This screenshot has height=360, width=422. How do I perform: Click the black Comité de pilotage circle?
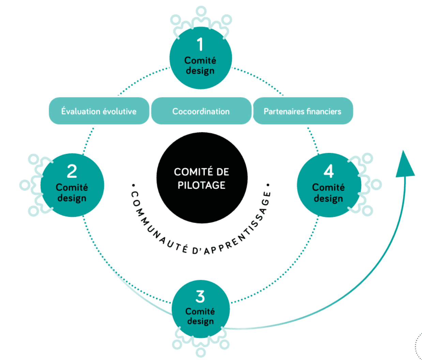coord(202,178)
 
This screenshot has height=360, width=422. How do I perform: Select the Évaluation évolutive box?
coord(99,111)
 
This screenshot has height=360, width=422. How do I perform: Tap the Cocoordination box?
coord(201,111)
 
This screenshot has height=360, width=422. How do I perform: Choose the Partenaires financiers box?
coord(303,111)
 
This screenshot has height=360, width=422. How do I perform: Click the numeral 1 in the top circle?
coord(200,44)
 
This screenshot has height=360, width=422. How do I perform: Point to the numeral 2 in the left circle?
coord(72,171)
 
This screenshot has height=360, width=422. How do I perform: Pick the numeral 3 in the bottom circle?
coord(200,297)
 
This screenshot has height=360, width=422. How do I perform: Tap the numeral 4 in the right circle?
coord(329,171)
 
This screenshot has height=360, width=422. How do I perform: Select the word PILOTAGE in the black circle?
coord(201,185)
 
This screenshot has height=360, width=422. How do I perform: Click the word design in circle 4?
coord(328,198)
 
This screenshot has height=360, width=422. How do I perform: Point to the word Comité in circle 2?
coord(72,187)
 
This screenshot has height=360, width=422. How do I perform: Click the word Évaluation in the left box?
coord(80,111)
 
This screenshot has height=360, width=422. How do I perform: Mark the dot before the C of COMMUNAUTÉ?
coord(134,185)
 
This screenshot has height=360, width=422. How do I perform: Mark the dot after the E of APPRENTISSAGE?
coord(268,185)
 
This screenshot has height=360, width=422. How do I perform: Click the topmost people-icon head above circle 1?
coord(201,11)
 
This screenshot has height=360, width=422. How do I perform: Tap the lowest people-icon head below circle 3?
coord(201,352)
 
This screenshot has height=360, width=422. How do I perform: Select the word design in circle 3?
coord(200,321)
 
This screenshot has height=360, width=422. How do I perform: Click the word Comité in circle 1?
coord(200,60)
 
